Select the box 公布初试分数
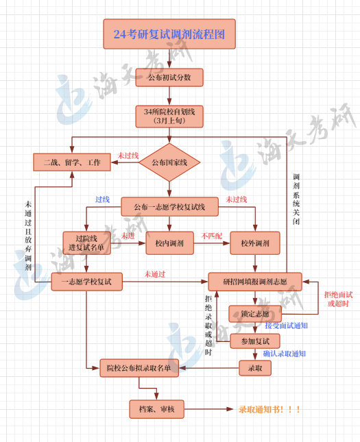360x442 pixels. [x=169, y=77]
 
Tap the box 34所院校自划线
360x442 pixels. [x=169, y=116]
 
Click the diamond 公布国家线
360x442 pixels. [x=169, y=162]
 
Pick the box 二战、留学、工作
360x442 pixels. [x=71, y=162]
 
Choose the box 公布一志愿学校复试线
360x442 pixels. [x=169, y=206]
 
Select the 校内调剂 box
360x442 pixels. [x=169, y=243]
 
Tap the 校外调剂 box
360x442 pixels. [x=254, y=243]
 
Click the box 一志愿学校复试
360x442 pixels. [x=86, y=281]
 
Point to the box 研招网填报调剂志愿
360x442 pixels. [x=255, y=281]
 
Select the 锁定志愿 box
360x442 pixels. [x=255, y=312]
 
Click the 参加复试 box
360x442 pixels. [x=255, y=341]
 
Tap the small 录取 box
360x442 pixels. [x=255, y=368]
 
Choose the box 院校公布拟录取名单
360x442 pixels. [x=139, y=368]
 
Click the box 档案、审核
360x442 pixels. [x=156, y=409]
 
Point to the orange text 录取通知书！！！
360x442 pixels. [x=269, y=409]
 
